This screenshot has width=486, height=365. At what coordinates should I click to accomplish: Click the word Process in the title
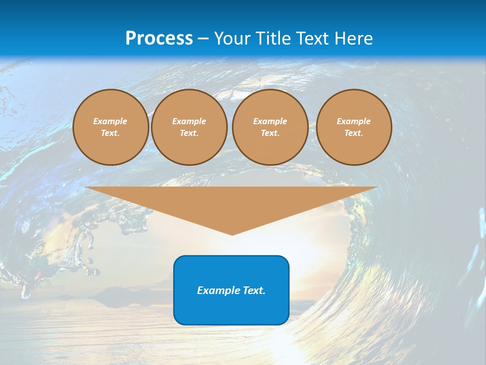159,39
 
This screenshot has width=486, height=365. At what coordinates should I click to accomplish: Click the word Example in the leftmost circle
110,121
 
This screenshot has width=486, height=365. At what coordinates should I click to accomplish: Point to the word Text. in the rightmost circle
354,133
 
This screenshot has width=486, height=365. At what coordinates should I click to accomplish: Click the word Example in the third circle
270,121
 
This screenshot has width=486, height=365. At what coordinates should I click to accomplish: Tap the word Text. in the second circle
189,133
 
